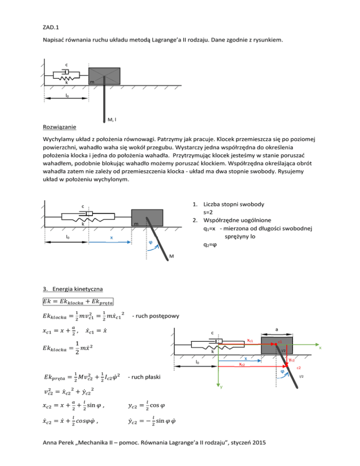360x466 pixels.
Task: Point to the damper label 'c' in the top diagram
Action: tap(67, 64)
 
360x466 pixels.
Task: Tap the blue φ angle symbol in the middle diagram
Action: tap(150, 243)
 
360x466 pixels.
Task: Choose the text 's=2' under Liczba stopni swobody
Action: tap(210, 213)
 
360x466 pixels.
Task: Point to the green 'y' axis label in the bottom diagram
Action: tap(217, 387)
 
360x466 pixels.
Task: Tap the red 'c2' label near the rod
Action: tap(298, 367)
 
